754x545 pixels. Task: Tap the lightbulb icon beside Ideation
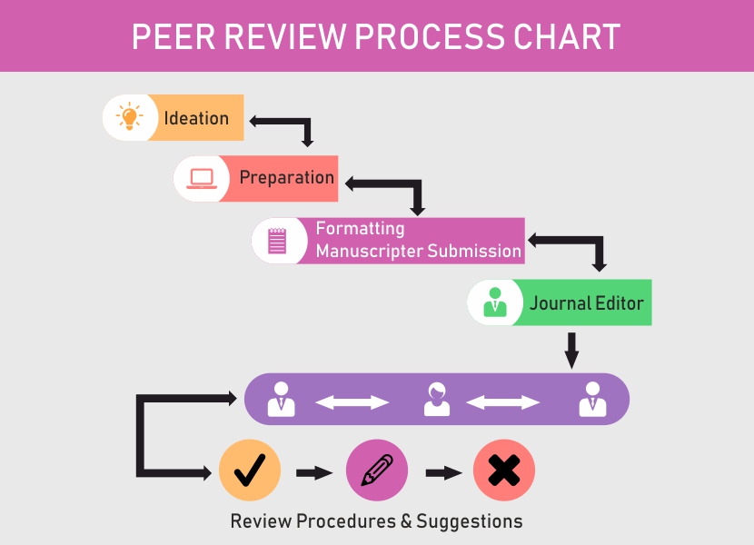tap(128, 117)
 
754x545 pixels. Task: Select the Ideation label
tap(196, 118)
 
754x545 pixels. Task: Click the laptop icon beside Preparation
tap(200, 178)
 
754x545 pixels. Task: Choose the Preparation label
tap(286, 177)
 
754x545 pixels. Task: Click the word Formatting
tap(360, 229)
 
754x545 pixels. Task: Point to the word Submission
tap(475, 252)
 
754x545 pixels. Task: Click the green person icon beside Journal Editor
tap(494, 302)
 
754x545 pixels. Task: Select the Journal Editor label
tap(586, 302)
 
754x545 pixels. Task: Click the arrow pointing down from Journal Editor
tap(571, 350)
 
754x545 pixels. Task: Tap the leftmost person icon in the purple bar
tap(282, 400)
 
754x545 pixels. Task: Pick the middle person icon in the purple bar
tap(437, 400)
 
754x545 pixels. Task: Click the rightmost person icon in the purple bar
tap(592, 400)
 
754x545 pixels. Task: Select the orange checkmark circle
tap(250, 471)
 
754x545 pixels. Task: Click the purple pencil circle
tap(376, 471)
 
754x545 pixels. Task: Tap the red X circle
tap(503, 471)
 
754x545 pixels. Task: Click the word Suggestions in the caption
tap(469, 521)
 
